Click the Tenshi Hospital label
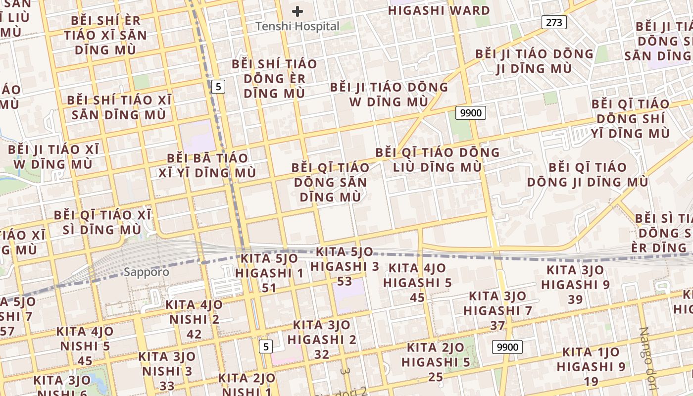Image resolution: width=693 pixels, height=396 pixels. coord(297,26)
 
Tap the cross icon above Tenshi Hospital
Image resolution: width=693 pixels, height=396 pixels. coord(297,11)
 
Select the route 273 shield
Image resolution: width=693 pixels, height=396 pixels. coord(553,22)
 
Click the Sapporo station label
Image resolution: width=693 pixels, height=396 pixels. coord(146,272)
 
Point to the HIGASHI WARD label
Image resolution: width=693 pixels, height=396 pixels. coord(439,10)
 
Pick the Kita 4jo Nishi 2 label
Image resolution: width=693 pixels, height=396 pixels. coord(194,312)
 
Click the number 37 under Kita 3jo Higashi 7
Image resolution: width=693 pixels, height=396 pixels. coord(497,325)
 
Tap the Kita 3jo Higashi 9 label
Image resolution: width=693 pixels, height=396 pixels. coord(575,277)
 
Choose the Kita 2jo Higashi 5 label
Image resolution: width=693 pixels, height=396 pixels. coord(436,354)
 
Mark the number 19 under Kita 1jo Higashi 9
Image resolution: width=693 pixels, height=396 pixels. coord(591,381)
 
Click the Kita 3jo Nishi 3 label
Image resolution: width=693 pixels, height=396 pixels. coord(167,363)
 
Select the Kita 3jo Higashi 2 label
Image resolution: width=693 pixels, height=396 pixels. coord(322,332)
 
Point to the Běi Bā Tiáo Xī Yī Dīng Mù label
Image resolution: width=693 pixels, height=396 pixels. coord(207,165)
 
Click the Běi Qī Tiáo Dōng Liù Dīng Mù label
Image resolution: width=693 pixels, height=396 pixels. coord(437,159)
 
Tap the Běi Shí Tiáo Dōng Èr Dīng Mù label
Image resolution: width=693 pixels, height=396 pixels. coord(274,78)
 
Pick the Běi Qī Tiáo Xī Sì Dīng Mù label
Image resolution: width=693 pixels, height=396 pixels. coord(102,222)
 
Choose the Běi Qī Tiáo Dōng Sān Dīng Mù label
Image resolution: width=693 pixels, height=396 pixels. coord(330,182)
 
